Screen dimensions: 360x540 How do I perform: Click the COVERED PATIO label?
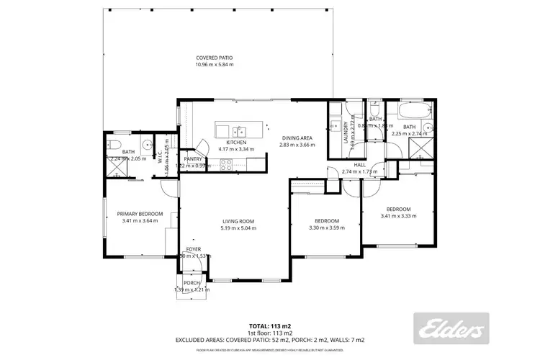pos(215,58)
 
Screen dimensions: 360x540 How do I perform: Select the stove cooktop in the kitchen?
pos(226,163)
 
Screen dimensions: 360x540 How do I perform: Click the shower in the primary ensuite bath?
pos(114,170)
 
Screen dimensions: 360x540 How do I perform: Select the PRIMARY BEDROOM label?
pos(140,214)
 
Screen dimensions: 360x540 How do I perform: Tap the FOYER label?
pos(194,248)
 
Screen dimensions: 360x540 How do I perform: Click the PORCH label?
pos(192,283)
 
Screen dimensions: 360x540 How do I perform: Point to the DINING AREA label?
pos(297,138)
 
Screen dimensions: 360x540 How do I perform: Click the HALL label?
pos(360,165)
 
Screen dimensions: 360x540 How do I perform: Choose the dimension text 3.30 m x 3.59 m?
pos(327,228)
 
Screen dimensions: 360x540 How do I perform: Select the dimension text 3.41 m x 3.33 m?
pos(399,216)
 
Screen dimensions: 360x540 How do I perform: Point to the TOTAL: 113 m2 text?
pos(269,325)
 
